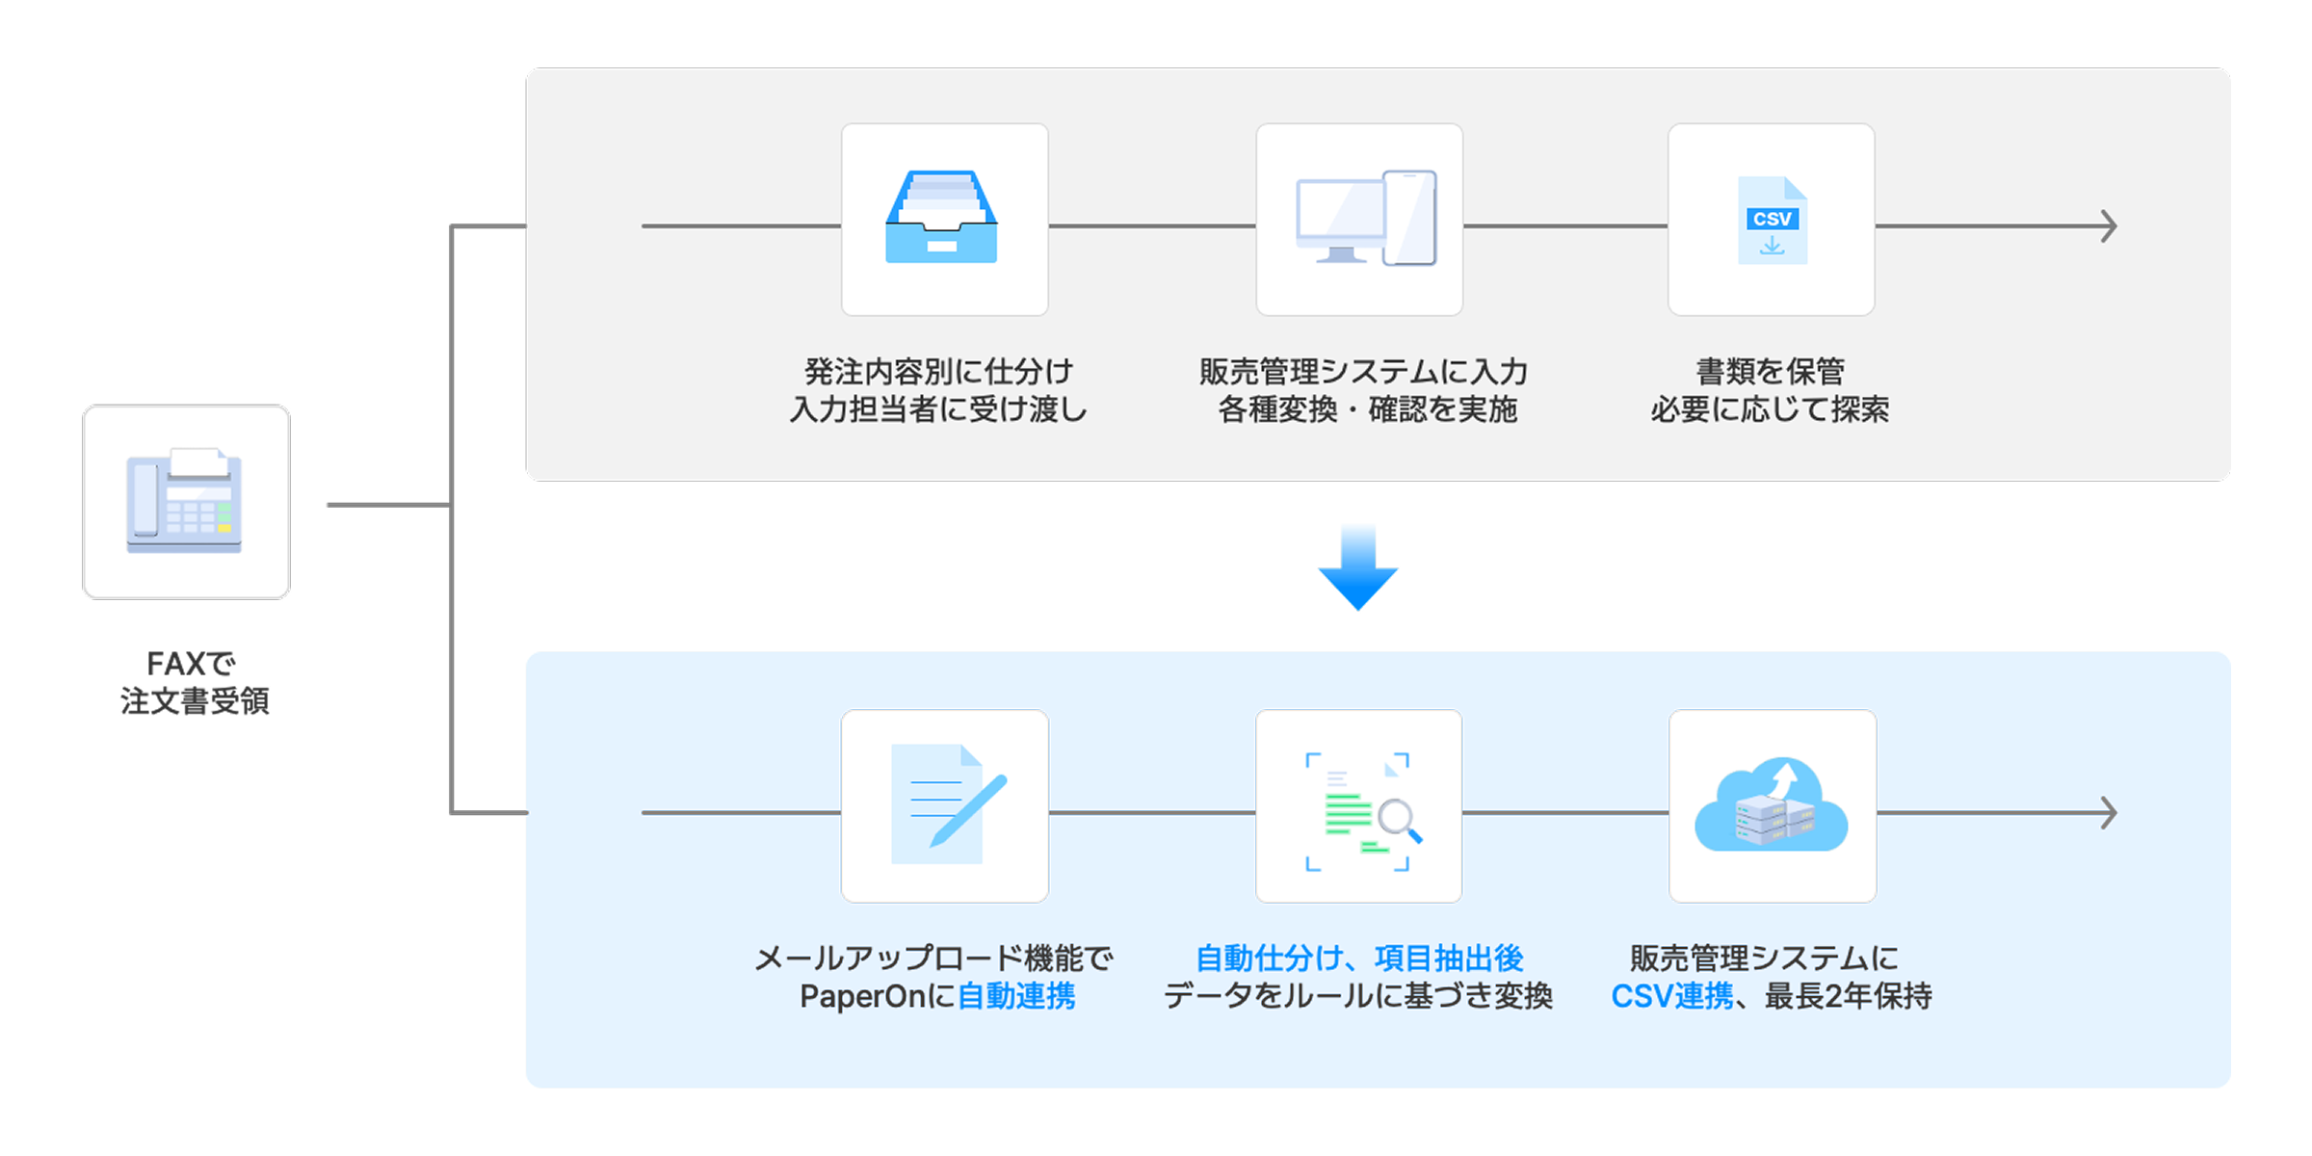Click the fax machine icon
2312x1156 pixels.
[185, 501]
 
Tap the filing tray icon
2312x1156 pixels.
[942, 219]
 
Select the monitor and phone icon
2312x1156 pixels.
[1363, 219]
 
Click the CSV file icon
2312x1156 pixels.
[1772, 221]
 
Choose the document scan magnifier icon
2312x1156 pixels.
[1359, 809]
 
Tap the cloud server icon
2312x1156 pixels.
[1772, 806]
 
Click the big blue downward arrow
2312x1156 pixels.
[1357, 568]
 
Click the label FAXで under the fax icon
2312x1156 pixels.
[191, 664]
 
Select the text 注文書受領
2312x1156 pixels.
[195, 701]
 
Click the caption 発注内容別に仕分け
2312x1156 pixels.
[938, 371]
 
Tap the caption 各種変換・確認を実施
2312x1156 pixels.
[1367, 410]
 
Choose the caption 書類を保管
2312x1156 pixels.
[1770, 371]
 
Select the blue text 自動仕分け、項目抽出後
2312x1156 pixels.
[1359, 958]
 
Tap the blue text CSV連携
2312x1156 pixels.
[1671, 996]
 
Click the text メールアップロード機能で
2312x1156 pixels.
[933, 958]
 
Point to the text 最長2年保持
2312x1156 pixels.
[1848, 996]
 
